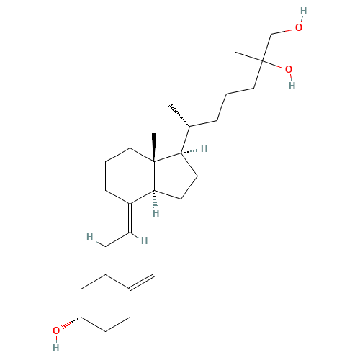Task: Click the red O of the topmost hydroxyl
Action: [x=299, y=27]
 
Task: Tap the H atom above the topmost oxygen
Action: [x=304, y=11]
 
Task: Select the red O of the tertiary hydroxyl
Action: [x=289, y=70]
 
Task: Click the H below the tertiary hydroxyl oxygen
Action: [x=292, y=86]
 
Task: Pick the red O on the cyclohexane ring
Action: [x=56, y=330]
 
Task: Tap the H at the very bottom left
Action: [x=56, y=348]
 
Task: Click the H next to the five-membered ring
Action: [x=204, y=148]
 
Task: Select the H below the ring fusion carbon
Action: [x=156, y=213]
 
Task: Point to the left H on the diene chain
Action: [x=90, y=237]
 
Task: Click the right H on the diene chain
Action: [x=144, y=240]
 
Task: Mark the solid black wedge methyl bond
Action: [x=154, y=147]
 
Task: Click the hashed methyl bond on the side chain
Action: [x=179, y=116]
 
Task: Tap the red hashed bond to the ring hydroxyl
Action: [x=71, y=323]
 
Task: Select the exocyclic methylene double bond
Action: [x=142, y=282]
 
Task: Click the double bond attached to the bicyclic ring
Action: [x=130, y=218]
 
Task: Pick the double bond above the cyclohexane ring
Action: [x=105, y=261]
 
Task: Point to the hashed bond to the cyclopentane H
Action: [x=190, y=151]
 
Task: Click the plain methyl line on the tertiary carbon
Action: [x=249, y=57]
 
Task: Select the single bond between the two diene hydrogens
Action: [x=117, y=239]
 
